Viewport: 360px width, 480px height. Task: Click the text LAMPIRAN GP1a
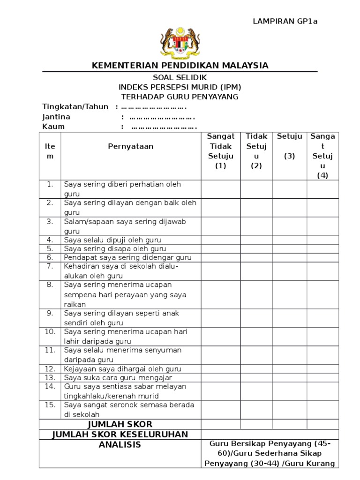(x=285, y=21)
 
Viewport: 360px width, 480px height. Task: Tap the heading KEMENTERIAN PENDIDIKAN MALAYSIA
(x=180, y=65)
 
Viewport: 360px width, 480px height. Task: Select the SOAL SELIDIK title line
(x=180, y=77)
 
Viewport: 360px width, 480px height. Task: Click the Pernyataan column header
(x=131, y=146)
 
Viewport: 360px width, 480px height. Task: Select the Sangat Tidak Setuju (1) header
(x=221, y=151)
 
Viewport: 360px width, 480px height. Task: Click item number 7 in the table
(x=50, y=266)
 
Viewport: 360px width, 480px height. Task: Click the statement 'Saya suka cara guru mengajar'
(x=118, y=378)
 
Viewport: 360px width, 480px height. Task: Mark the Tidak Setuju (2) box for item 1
(x=256, y=189)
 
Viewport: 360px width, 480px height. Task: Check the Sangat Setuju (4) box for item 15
(x=322, y=410)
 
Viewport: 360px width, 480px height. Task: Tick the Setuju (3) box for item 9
(x=289, y=318)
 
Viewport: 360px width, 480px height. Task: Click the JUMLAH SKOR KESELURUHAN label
(x=120, y=434)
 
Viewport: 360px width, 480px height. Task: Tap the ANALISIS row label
(x=120, y=444)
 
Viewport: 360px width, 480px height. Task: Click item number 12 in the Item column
(x=50, y=369)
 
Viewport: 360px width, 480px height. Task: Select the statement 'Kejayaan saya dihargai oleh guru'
(x=122, y=369)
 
